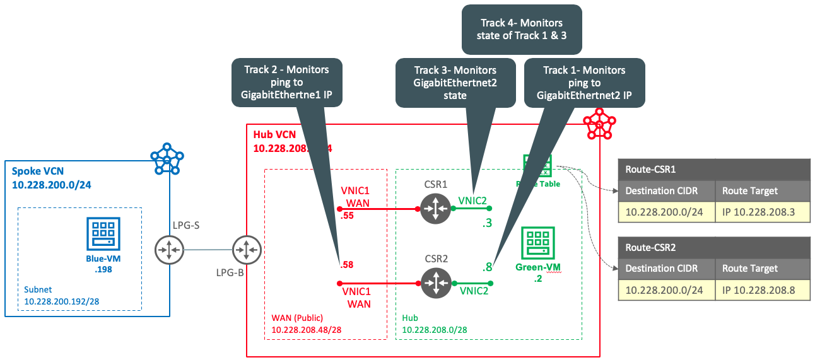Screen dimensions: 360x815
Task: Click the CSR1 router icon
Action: point(435,208)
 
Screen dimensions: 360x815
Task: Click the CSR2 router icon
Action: point(435,283)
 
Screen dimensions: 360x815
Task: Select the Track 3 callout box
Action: point(455,82)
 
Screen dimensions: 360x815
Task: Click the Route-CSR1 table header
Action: point(713,169)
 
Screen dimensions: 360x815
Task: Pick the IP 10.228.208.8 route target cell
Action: point(762,290)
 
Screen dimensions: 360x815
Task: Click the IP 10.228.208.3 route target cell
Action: point(762,212)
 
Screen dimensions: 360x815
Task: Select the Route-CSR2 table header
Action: point(713,247)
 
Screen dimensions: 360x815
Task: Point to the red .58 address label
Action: point(346,265)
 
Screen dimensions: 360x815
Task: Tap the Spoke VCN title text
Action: point(37,172)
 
